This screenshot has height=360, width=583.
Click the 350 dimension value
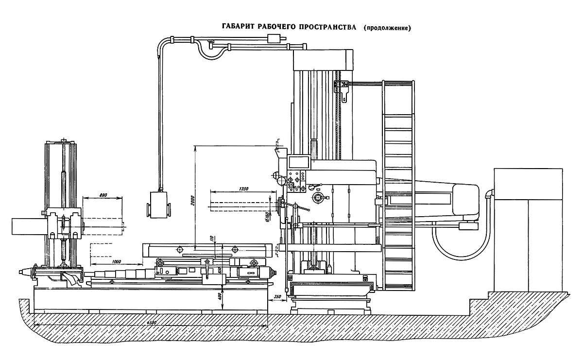277,296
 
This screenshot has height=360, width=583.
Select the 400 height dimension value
219,296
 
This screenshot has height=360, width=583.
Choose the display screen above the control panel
298,162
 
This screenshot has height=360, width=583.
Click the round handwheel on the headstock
319,197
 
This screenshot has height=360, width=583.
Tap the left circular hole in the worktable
180,250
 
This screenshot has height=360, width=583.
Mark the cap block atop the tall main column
323,59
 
